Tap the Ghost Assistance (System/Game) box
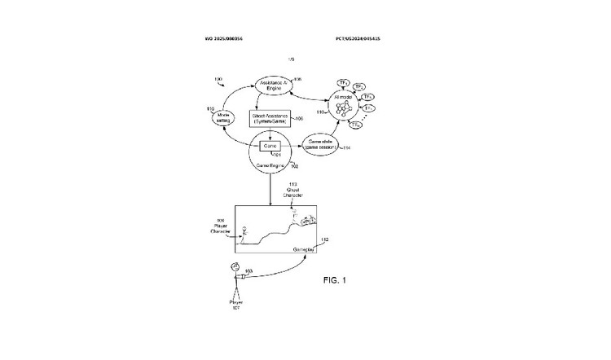(270, 119)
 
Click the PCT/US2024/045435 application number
(358, 38)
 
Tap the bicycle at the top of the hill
(310, 217)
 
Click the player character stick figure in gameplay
(243, 235)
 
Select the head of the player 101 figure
(235, 268)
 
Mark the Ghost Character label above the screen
(291, 194)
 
